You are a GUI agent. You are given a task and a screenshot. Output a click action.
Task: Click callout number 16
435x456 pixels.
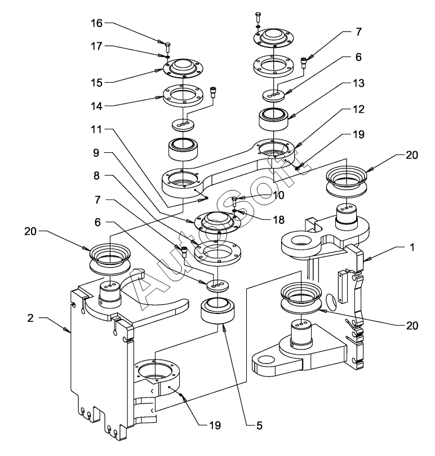[x=96, y=24]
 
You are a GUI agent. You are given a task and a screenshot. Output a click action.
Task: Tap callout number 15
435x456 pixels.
[x=96, y=83]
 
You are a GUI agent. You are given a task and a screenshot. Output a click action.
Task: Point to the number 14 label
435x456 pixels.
[x=96, y=105]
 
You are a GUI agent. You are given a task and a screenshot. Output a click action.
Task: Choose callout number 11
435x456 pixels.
[x=96, y=130]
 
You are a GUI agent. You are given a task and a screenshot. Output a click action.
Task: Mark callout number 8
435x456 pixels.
[x=97, y=176]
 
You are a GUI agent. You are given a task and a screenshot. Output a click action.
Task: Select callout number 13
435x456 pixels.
[x=358, y=83]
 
